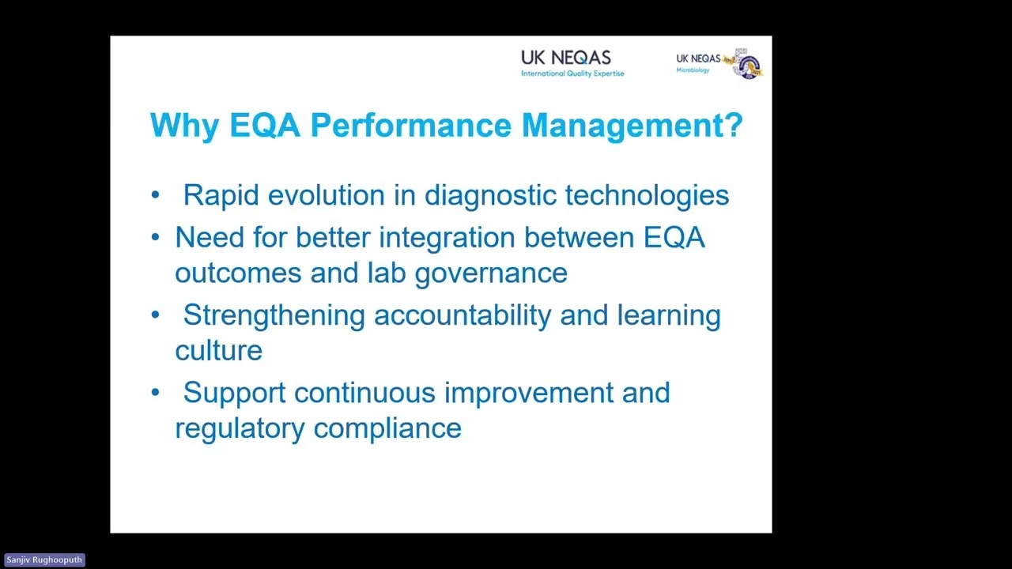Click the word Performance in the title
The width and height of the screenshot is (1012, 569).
410,126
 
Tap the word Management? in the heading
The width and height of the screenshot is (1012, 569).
632,126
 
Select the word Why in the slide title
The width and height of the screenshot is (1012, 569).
184,126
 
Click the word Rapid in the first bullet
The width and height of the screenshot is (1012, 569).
221,195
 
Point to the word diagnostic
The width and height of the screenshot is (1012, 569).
489,195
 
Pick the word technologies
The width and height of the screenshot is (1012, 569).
647,195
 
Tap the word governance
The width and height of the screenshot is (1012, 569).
491,273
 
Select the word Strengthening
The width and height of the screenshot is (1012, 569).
274,315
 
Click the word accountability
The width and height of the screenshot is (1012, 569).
463,315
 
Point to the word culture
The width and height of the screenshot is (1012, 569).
218,350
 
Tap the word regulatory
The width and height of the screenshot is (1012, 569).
240,428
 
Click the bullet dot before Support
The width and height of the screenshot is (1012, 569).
156,393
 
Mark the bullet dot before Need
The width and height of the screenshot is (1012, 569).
156,237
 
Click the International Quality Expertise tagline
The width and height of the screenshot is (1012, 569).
572,73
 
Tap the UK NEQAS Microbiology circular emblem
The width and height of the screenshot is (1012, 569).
747,64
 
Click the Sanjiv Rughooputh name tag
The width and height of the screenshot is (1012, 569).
44,560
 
